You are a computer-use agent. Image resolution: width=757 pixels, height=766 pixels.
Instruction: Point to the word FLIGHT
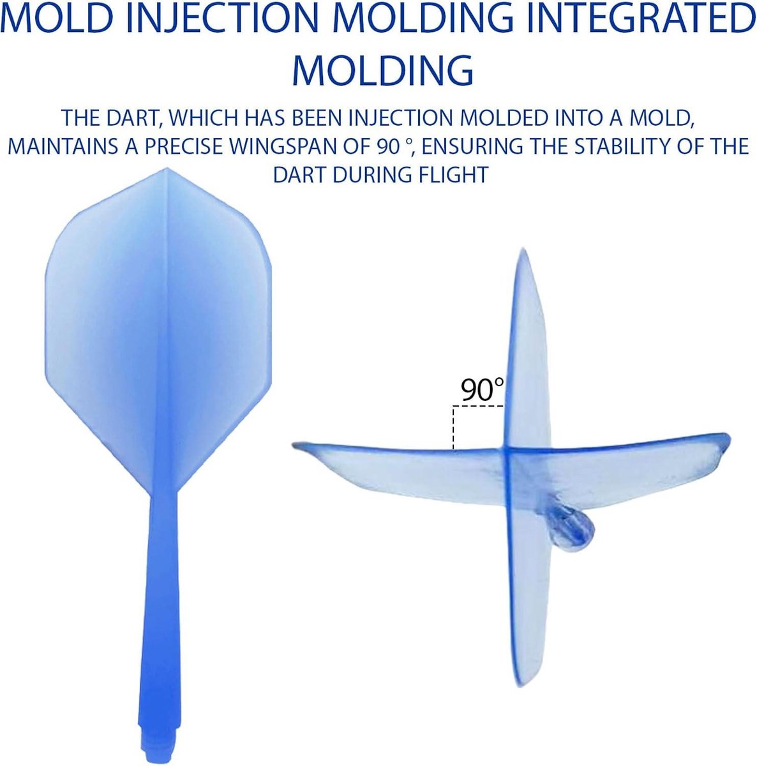click(447, 174)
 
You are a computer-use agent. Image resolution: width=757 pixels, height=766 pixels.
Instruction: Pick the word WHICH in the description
click(203, 117)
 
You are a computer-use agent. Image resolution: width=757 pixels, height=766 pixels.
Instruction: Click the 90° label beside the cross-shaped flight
click(482, 389)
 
